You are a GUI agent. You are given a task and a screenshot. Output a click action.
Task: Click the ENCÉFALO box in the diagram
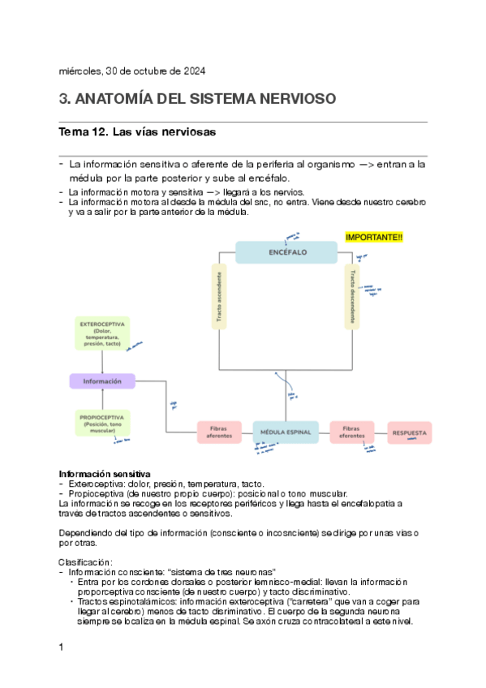point(286,252)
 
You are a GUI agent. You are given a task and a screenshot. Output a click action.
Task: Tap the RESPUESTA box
point(409,432)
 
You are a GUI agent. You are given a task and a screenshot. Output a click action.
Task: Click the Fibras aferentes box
point(220,432)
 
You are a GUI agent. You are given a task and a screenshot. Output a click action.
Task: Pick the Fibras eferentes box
point(351,432)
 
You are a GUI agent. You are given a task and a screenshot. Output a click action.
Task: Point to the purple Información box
point(101,381)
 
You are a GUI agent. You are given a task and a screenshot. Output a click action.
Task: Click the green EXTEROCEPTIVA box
point(101,333)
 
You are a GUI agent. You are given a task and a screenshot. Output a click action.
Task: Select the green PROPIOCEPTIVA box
point(101,423)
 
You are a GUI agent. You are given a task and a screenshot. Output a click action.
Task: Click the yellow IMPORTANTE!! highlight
point(374,237)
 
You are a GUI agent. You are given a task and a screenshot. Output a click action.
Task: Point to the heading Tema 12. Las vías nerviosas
point(137,131)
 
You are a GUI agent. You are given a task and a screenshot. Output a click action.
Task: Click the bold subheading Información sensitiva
point(104,474)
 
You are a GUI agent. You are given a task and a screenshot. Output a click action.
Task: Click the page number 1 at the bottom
point(62,647)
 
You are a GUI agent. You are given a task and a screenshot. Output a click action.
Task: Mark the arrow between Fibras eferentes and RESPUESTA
point(381,432)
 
